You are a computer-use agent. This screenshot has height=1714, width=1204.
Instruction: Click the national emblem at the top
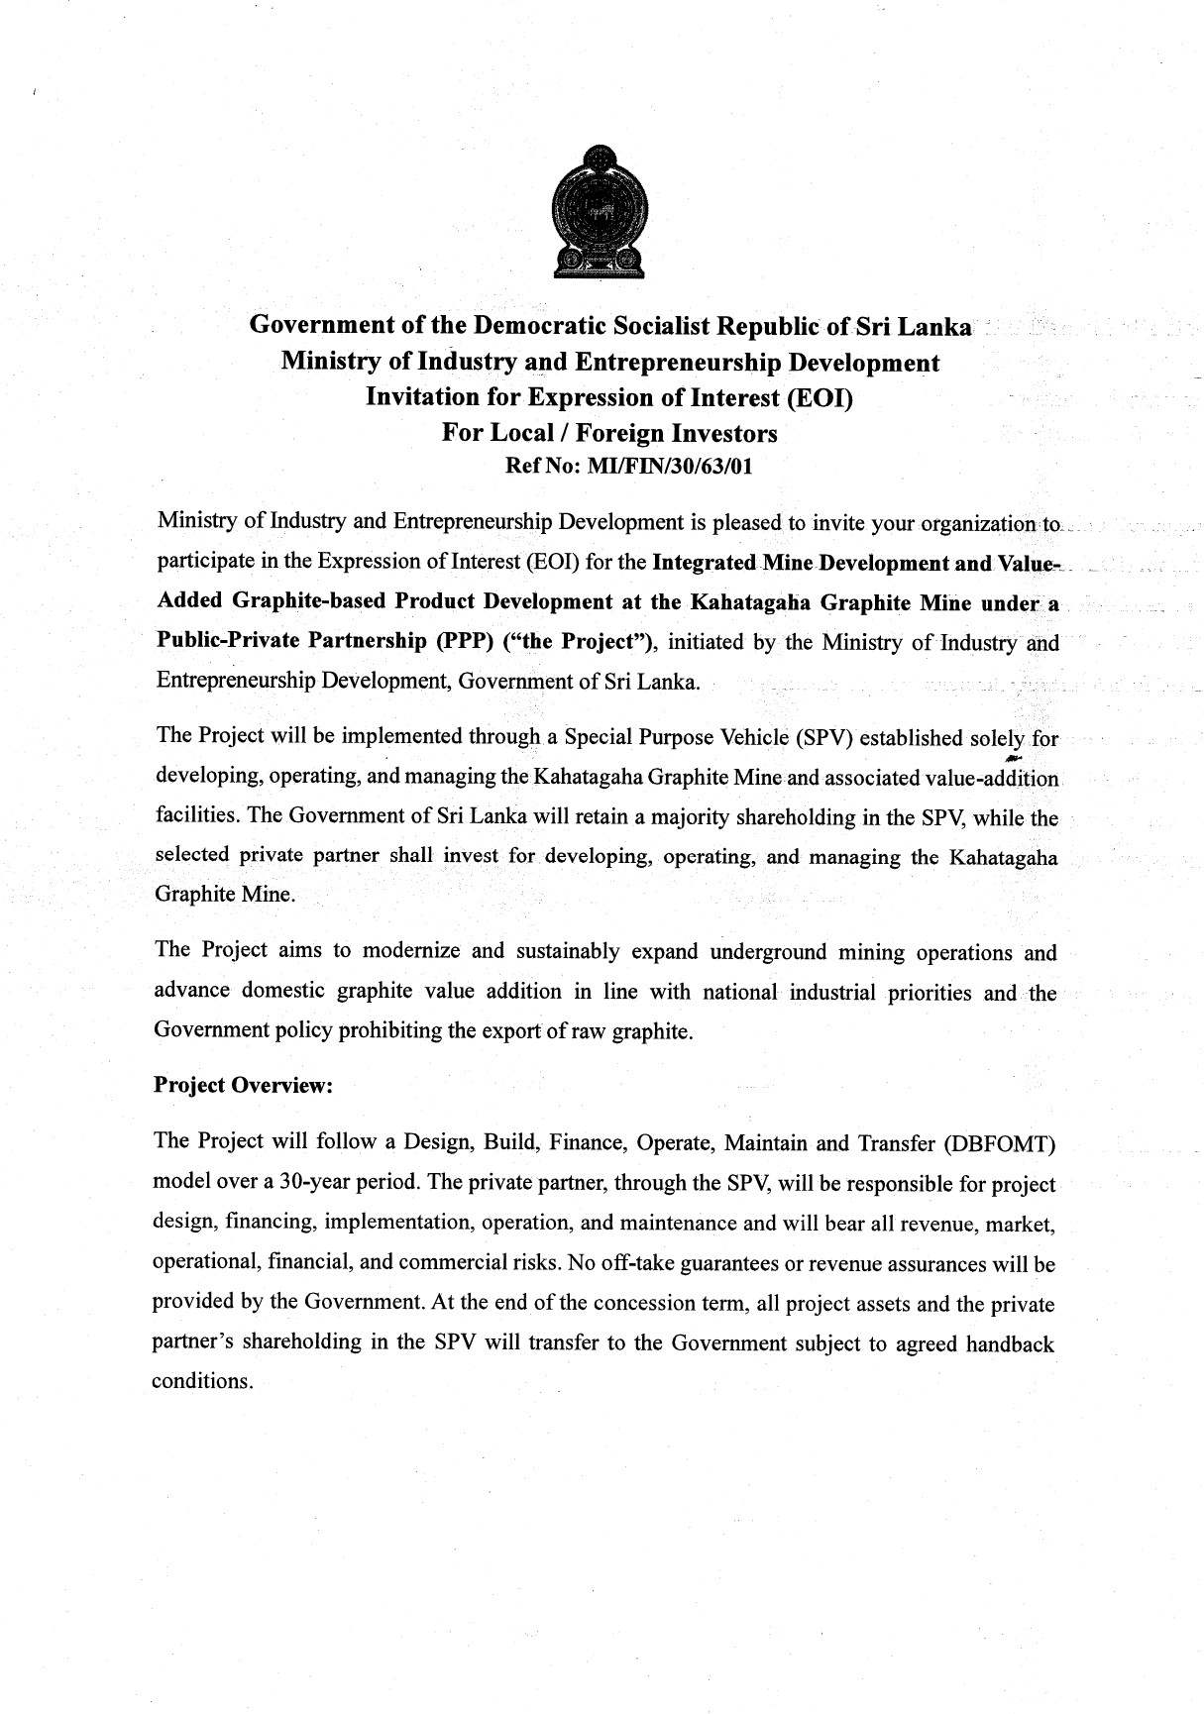pos(600,211)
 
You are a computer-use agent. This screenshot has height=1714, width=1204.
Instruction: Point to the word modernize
pos(411,951)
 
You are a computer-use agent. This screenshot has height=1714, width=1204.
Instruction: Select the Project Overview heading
pos(243,1085)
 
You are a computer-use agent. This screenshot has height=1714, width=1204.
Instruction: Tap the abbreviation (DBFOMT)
pos(1001,1144)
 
